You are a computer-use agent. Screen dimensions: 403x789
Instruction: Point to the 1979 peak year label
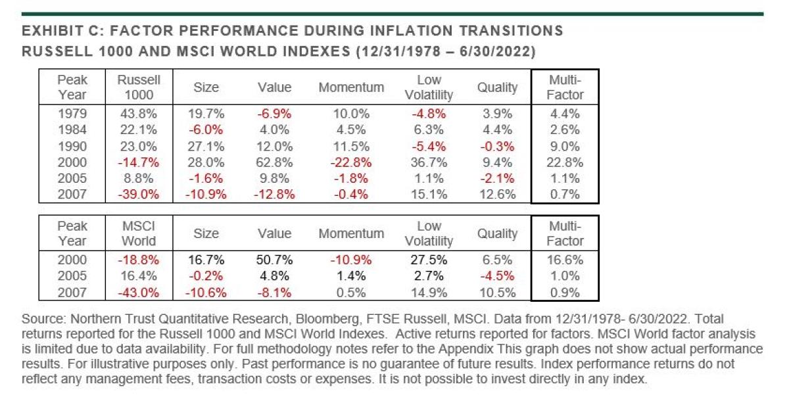pos(72,112)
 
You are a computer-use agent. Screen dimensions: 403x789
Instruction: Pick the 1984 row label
pos(72,129)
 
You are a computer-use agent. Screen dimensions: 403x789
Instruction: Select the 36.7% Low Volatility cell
pos(425,162)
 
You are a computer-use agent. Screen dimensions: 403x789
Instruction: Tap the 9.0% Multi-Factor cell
pos(565,145)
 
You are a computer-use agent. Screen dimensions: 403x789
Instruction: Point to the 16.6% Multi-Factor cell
pos(565,259)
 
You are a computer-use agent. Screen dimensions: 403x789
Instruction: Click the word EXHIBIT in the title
pos(48,31)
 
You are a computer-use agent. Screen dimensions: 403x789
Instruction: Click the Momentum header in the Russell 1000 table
pos(351,87)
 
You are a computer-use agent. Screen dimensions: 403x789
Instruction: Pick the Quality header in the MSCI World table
pos(498,233)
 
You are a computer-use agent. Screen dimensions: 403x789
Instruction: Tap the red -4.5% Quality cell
pos(498,275)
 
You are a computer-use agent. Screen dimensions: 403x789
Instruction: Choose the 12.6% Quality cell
pos(498,195)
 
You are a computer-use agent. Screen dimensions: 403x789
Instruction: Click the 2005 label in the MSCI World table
pos(72,275)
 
